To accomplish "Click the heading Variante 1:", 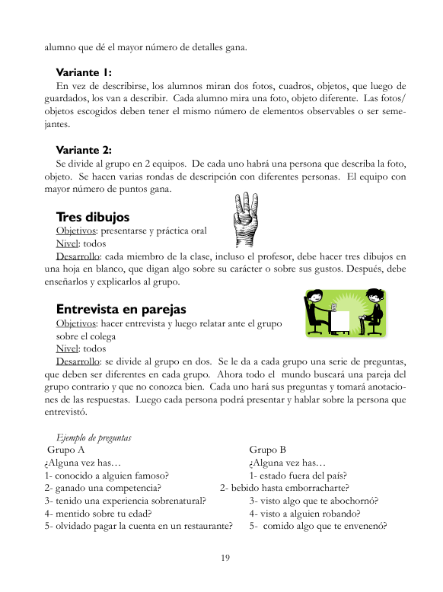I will click(84, 73).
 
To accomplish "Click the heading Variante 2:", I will click(84, 150).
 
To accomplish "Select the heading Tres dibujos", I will click(93, 217).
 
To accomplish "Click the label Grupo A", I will click(65, 450).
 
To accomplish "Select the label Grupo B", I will click(267, 450).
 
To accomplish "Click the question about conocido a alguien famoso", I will click(107, 476).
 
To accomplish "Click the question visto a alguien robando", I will click(303, 513).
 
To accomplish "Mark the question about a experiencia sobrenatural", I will click(125, 501).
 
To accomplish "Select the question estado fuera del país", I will click(298, 476).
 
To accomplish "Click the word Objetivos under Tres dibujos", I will click(76, 230).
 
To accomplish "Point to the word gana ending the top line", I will click(234, 47).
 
